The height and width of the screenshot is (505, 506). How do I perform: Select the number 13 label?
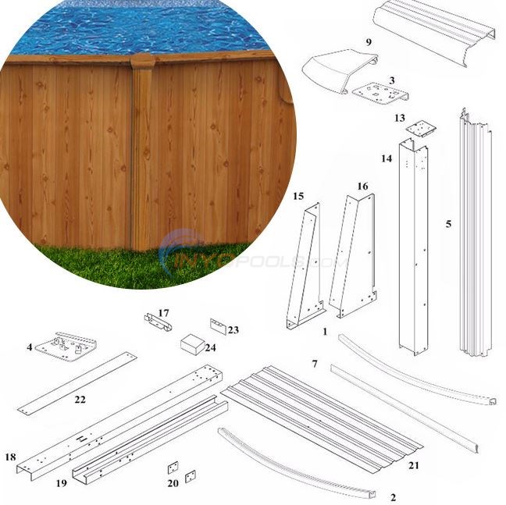click(400, 118)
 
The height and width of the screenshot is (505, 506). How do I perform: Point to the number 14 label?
click(387, 158)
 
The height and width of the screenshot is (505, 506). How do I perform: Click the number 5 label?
click(448, 224)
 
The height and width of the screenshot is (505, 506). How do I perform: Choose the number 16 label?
click(362, 187)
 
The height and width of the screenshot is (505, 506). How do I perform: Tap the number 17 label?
click(164, 313)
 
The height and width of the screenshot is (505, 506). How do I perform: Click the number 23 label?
click(233, 329)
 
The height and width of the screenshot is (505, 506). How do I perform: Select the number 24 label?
click(210, 347)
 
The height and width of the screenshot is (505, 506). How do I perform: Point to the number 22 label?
click(80, 400)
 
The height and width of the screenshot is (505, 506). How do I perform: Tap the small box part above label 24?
click(192, 343)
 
